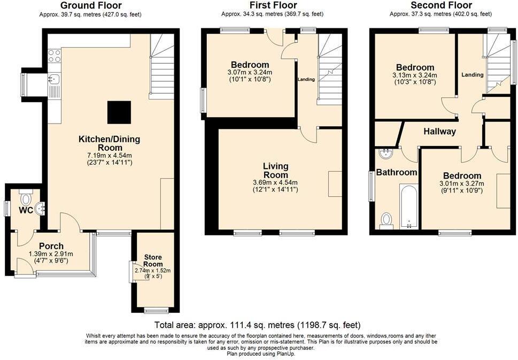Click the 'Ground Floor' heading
[91, 6]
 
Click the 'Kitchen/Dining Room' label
[109, 143]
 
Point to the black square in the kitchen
[119, 112]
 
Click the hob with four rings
[55, 56]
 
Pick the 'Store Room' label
[153, 261]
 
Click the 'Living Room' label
[275, 171]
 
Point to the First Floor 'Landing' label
[306, 80]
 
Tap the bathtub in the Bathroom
[408, 206]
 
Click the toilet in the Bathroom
[386, 220]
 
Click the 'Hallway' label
[440, 132]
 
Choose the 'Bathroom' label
[396, 172]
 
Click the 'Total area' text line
[257, 325]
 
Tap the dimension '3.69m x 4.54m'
[275, 182]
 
